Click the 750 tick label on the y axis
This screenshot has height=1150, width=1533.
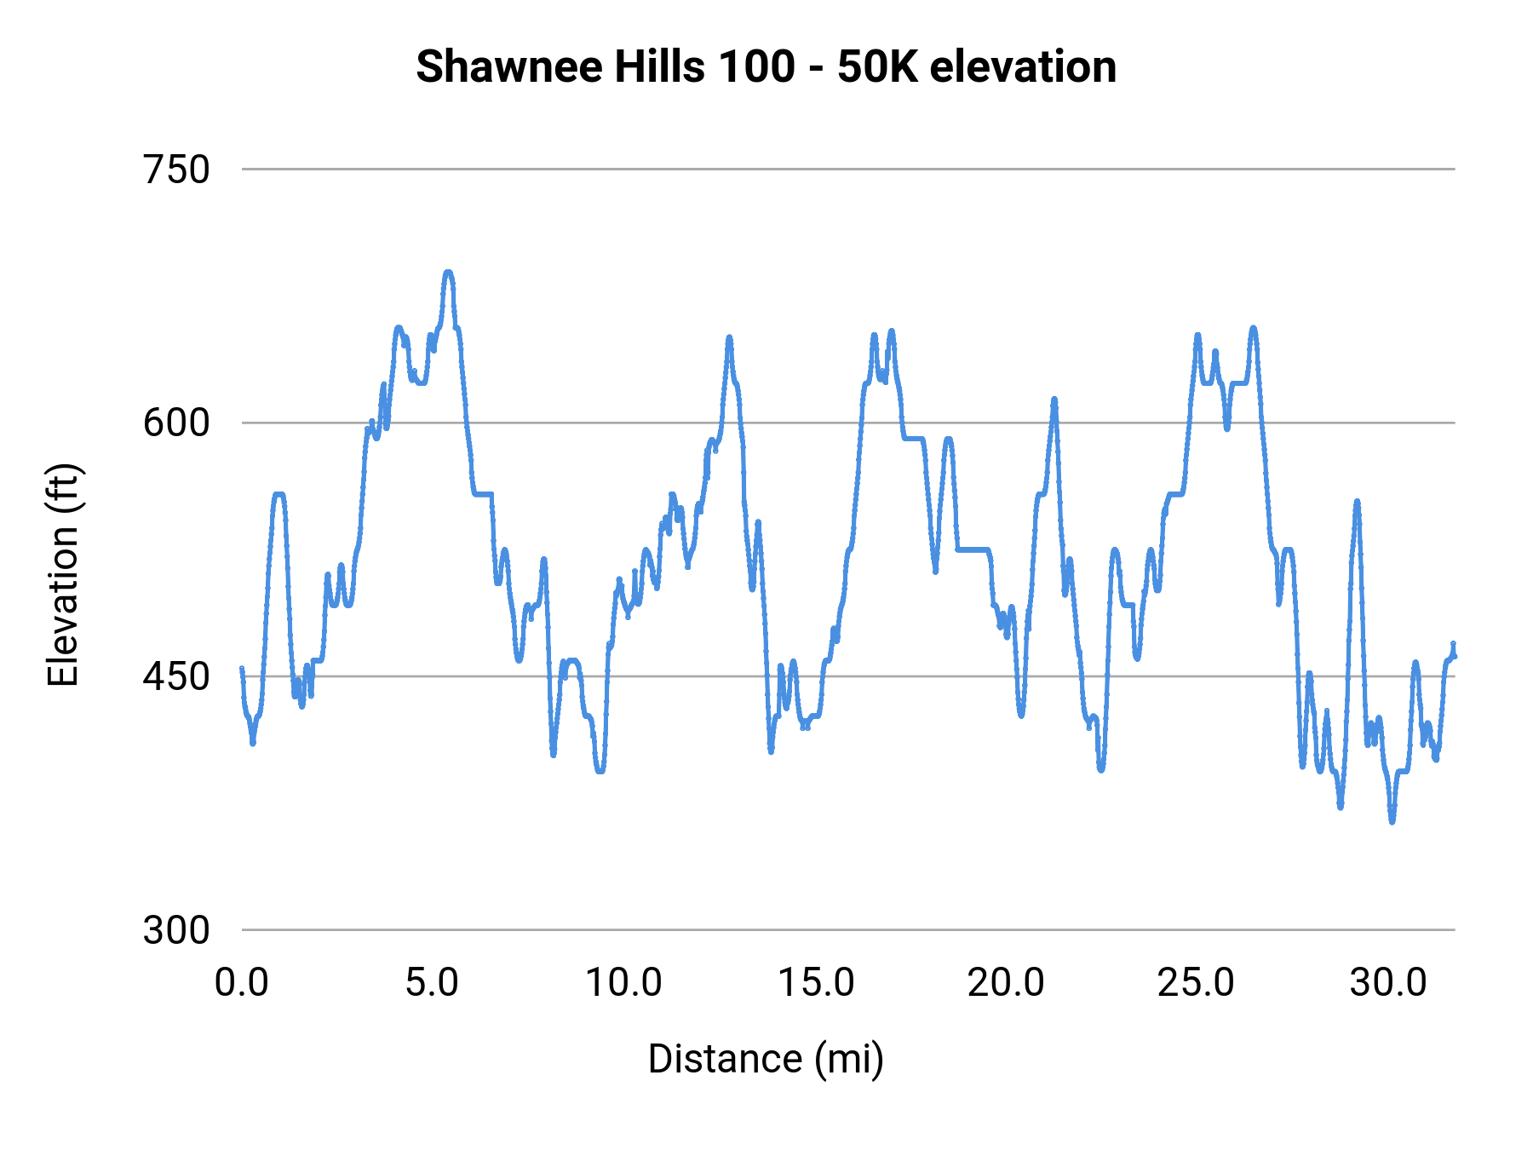coord(176,170)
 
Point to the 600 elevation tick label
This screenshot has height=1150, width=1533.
coord(176,423)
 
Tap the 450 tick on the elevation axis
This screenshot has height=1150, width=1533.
coord(176,676)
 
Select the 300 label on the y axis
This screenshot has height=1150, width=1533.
coord(176,929)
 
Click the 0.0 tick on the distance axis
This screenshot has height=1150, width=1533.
coord(242,982)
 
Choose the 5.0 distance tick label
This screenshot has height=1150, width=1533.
coord(432,982)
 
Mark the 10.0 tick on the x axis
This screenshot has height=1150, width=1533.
coord(623,982)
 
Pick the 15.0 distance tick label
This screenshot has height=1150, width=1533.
coord(816,982)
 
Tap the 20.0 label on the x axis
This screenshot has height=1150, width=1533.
coord(1006,982)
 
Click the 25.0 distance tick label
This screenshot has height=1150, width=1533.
coord(1196,982)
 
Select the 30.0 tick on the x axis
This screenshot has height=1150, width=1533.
coord(1388,982)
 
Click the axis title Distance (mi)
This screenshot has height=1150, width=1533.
coord(766,1059)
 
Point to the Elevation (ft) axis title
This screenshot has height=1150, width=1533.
coord(63,575)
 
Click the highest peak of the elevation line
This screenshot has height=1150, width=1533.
coord(449,273)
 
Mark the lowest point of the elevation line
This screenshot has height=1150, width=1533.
coord(1392,821)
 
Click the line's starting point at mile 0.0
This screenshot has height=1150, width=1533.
coord(242,669)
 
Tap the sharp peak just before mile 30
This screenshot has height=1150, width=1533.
coord(1357,502)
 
